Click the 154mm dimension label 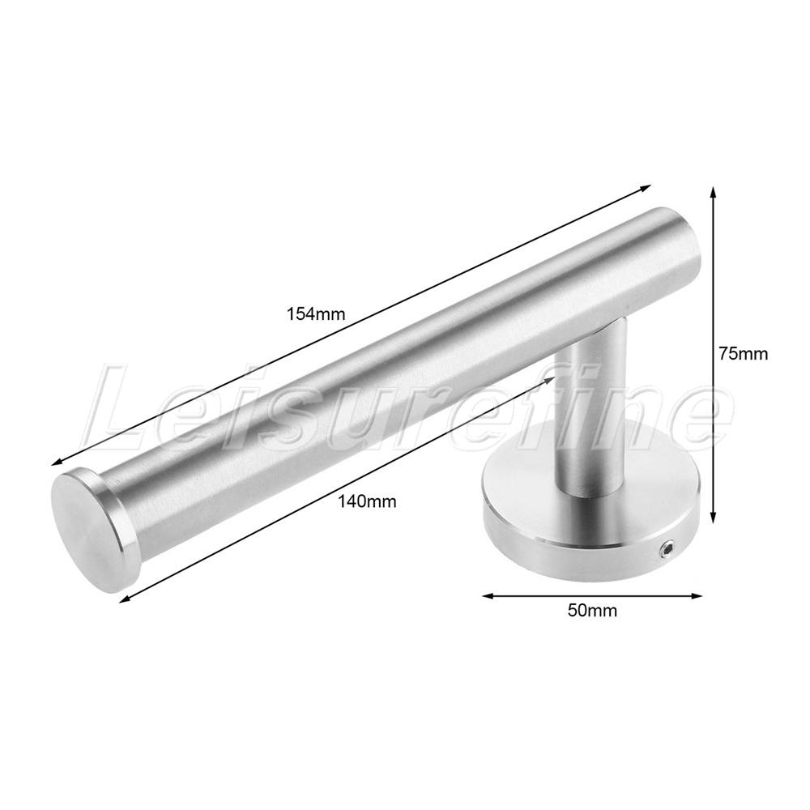[316, 314]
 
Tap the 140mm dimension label [367, 501]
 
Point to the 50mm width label [592, 611]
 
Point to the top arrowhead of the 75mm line [714, 193]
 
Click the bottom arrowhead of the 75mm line [714, 518]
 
